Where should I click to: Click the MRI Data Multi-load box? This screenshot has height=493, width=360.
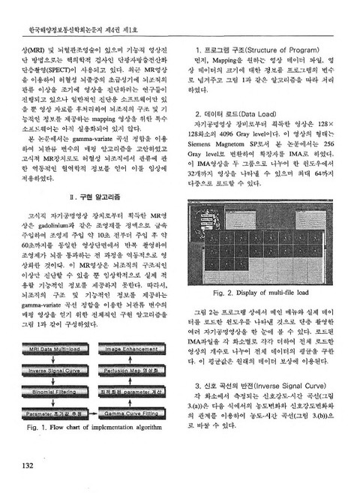55,349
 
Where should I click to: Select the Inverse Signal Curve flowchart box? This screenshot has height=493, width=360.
55,370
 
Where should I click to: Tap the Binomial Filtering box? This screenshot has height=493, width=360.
55,391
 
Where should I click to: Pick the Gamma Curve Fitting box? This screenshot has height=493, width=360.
132,412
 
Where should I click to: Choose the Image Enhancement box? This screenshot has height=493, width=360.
132,349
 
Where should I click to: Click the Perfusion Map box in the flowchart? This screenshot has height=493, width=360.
132,370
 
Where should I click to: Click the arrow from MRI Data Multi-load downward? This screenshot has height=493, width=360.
56,359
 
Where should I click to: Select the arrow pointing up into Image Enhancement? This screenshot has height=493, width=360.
132,359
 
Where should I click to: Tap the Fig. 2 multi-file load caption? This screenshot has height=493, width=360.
260,292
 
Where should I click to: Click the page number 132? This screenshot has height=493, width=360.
22,466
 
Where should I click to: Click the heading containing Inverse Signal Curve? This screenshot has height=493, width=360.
259,385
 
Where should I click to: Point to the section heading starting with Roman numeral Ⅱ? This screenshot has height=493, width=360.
89,197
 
